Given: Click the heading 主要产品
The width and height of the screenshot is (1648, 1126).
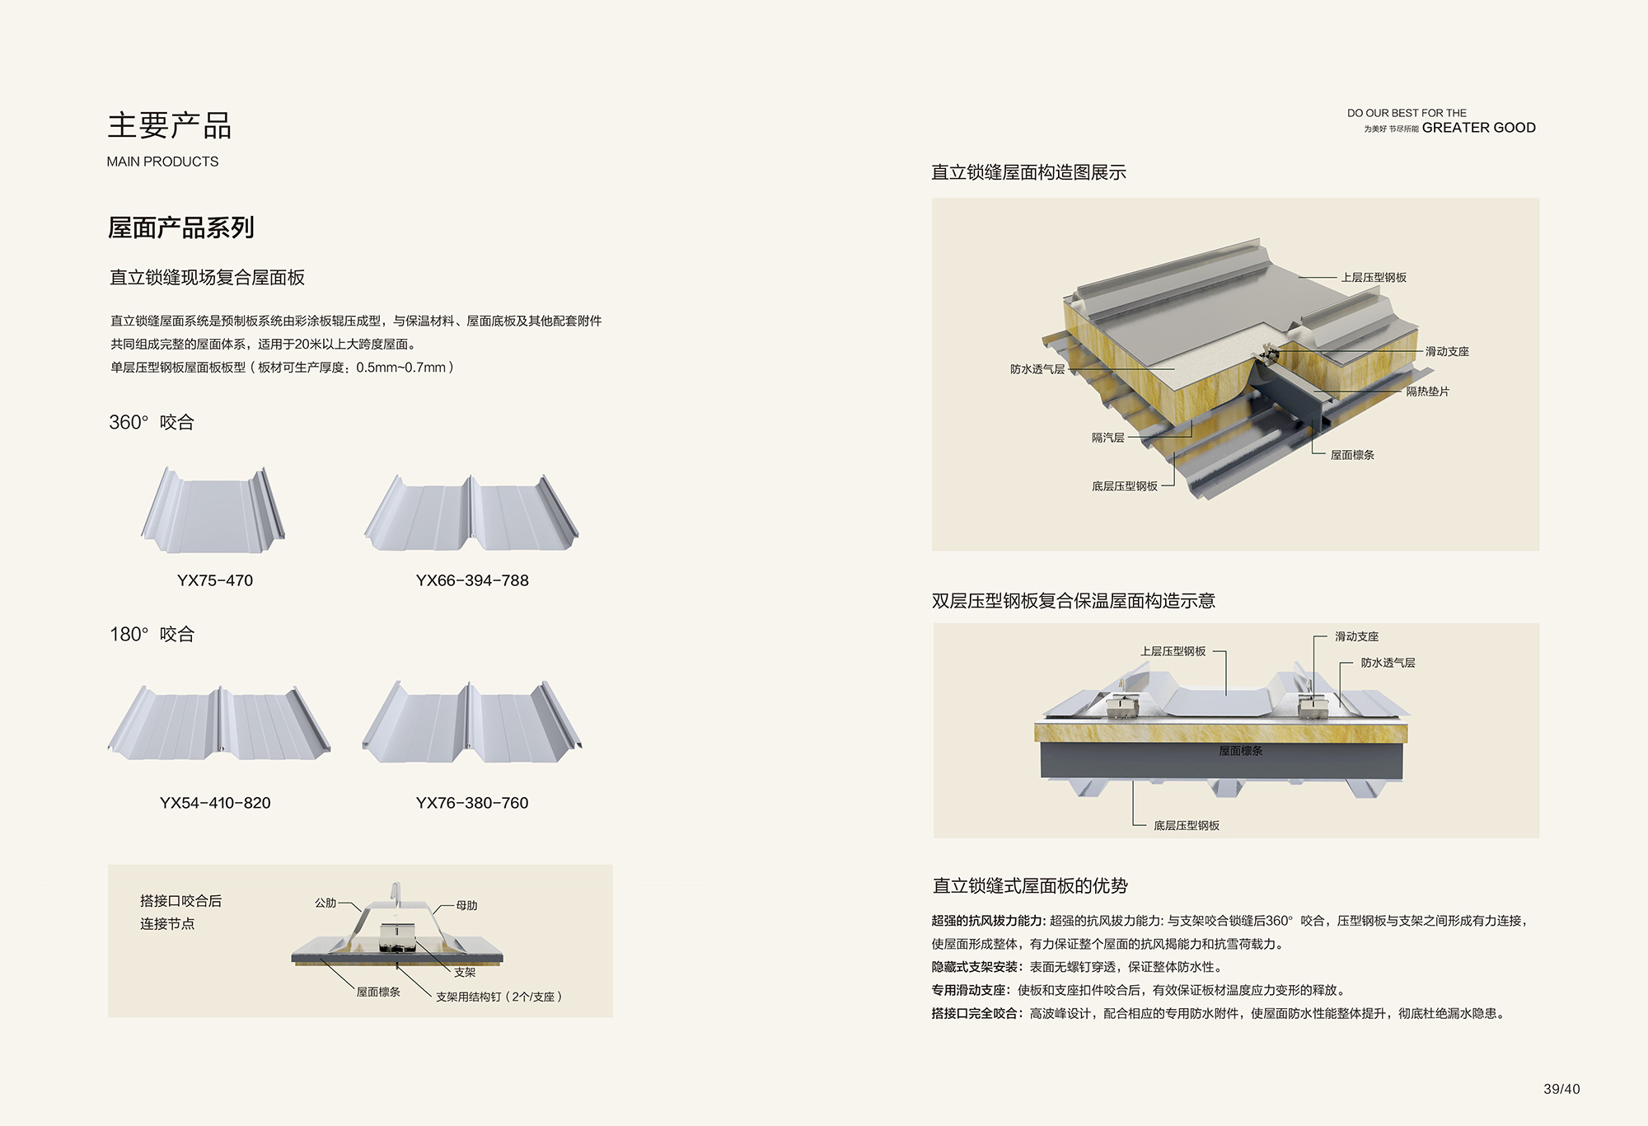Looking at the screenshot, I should [169, 125].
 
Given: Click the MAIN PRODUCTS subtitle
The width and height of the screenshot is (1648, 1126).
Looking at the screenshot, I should [162, 162].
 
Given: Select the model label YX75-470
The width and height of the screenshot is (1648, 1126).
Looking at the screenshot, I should [215, 580].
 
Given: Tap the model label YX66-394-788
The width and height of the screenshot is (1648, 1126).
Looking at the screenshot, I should [472, 580].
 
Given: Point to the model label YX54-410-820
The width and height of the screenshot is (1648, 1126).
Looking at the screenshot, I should [215, 803].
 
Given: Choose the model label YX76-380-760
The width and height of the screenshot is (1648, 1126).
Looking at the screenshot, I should [472, 803].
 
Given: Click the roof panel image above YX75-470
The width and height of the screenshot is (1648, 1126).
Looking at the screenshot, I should [213, 511].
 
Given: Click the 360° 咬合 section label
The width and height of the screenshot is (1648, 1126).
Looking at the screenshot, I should [152, 422].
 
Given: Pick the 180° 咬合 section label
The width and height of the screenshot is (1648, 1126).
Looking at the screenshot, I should [152, 634].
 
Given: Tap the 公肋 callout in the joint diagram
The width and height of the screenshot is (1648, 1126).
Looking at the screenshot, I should [325, 903].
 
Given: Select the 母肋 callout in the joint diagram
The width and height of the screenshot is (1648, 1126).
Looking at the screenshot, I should [467, 905].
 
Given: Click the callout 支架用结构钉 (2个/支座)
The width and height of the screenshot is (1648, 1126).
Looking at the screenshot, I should [499, 997].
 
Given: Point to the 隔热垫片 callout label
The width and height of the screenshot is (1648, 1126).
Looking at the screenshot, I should [1427, 392].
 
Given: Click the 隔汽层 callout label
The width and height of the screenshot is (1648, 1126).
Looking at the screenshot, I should [1107, 438].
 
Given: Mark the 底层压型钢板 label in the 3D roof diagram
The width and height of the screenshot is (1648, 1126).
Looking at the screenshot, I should [1124, 486].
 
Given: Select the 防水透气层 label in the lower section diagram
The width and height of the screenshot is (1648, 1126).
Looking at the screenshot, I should [1388, 663].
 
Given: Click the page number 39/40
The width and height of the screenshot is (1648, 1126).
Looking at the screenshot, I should [1561, 1089].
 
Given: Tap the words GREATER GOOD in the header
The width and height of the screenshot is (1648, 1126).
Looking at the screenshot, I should [1478, 128].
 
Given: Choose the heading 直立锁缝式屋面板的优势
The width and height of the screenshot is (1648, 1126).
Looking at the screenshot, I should [1029, 886].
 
